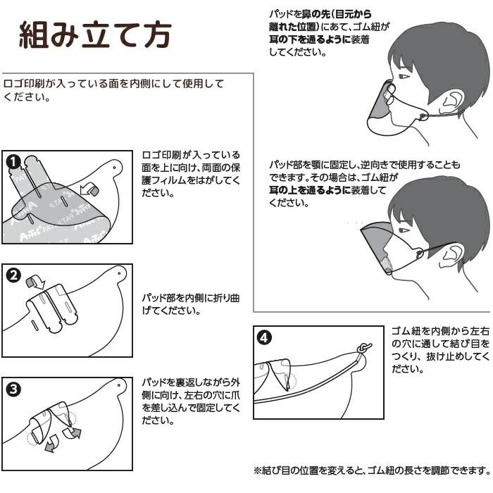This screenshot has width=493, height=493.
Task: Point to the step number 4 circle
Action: pyautogui.click(x=263, y=337)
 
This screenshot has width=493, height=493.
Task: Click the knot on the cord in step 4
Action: pyautogui.click(x=363, y=347)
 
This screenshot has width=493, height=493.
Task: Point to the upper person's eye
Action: pyautogui.click(x=401, y=76)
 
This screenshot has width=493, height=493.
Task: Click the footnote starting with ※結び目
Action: pyautogui.click(x=370, y=470)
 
